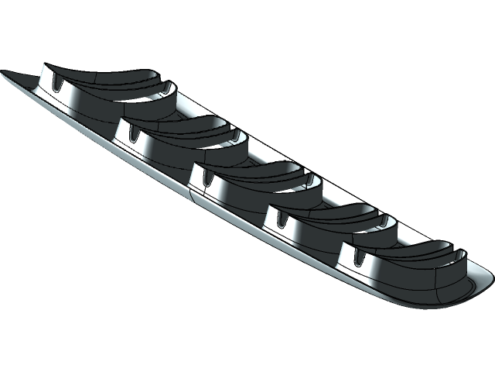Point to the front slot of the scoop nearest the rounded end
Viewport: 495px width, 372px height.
(x=357, y=256)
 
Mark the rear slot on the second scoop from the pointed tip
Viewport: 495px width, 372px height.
(x=236, y=135)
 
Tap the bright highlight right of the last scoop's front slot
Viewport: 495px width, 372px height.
(x=379, y=263)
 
